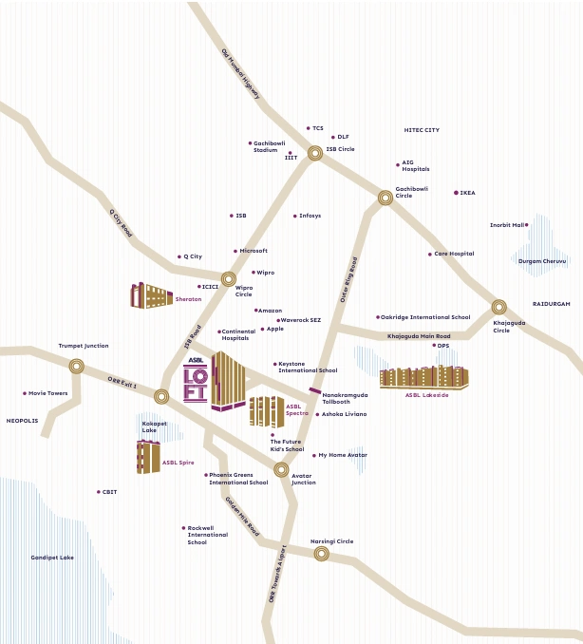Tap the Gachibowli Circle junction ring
click(386, 198)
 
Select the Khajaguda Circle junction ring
click(498, 307)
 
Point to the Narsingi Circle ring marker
click(322, 553)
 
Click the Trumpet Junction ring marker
click(77, 366)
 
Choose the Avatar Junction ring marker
click(281, 469)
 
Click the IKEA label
click(467, 193)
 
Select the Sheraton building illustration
click(151, 296)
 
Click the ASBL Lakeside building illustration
click(423, 377)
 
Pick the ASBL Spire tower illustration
click(147, 457)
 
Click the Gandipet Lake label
click(52, 558)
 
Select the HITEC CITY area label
click(422, 130)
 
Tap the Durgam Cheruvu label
click(542, 261)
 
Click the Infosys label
click(310, 216)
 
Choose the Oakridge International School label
click(425, 317)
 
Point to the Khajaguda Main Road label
click(419, 335)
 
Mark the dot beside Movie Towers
click(25, 393)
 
